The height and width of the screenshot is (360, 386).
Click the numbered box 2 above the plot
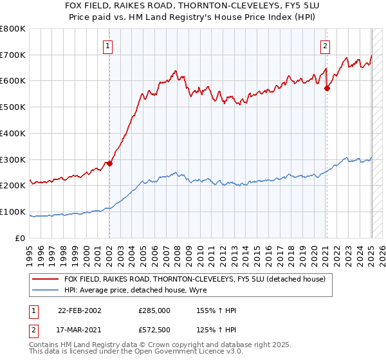(326, 46)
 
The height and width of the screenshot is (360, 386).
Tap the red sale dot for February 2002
(109, 163)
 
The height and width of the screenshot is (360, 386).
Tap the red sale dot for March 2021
(327, 88)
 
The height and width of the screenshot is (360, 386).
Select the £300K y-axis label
(13, 159)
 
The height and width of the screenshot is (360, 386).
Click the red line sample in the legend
(47, 279)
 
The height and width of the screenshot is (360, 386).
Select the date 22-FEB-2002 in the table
(80, 310)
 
